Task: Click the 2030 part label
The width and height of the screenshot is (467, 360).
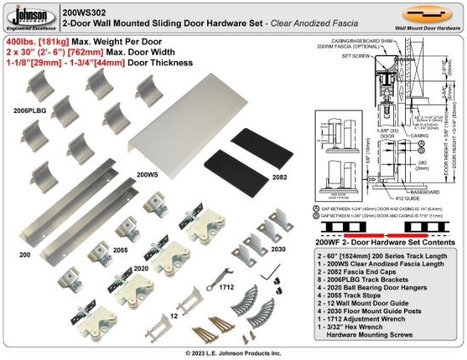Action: [278, 249]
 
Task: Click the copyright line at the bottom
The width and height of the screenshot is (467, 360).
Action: [233, 352]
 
